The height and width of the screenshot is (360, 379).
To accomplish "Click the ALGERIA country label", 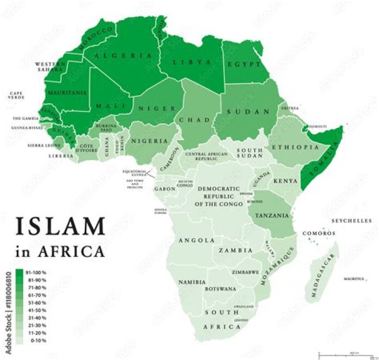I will (124, 55).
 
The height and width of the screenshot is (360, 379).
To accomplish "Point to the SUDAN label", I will (248, 112).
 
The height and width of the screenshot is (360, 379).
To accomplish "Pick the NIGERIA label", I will (149, 141).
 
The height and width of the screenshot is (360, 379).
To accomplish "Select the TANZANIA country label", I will (272, 215).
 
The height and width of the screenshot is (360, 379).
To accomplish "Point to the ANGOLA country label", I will (196, 240).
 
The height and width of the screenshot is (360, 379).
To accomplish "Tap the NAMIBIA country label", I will (192, 282).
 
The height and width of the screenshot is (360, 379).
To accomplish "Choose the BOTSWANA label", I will (221, 289).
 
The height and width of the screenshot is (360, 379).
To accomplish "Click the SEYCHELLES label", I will (352, 221).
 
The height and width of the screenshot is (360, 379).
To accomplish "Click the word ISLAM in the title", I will (61, 226).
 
